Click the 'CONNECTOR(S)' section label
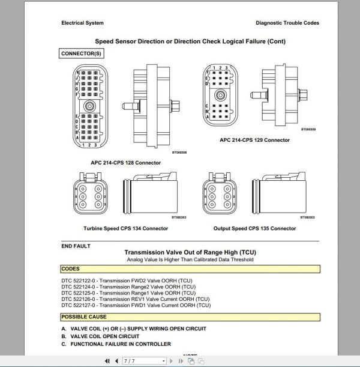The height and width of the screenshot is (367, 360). pos(82,54)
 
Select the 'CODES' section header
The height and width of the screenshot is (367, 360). pos(71,269)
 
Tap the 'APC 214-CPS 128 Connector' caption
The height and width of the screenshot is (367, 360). pos(126,163)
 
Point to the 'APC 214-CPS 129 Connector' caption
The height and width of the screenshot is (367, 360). pos(255,140)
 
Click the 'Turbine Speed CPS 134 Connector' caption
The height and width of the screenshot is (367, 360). pos(125,228)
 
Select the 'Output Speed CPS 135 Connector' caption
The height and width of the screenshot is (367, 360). pos(255,228)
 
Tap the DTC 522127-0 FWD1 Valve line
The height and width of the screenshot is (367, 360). pos(136,305)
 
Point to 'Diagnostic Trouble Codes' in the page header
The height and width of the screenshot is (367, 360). pos(287,23)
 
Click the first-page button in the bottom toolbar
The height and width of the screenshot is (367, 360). pos(107,362)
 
